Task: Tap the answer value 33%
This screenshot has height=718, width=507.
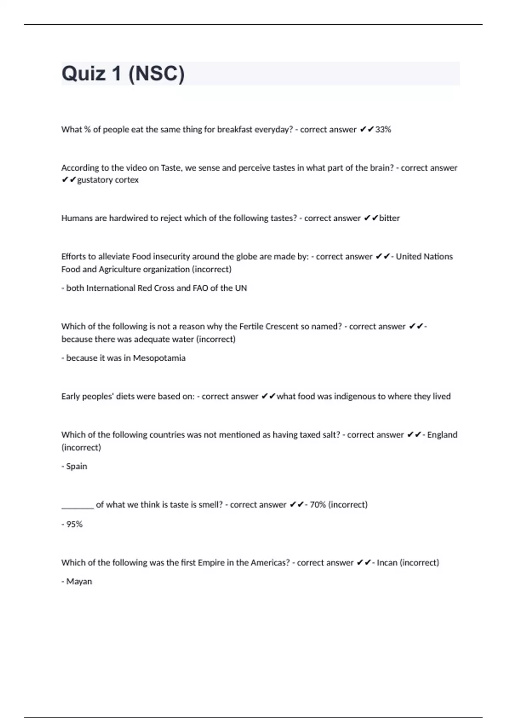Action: point(383,130)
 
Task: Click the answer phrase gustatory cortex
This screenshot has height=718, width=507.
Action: point(108,180)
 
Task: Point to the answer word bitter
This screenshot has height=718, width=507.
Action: point(389,218)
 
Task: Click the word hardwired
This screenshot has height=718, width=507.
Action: point(128,218)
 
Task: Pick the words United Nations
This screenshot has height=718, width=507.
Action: point(424,256)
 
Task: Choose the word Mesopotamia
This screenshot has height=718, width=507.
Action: point(159,358)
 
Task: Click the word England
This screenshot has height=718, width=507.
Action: point(442,435)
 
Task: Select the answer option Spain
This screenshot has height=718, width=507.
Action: point(76,466)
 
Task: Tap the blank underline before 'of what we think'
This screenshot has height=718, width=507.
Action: point(77,507)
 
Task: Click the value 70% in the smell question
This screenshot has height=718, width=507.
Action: point(318,505)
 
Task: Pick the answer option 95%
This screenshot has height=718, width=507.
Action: point(74,524)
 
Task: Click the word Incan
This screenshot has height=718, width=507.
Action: point(387,563)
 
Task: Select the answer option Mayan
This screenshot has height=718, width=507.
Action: point(79,582)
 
